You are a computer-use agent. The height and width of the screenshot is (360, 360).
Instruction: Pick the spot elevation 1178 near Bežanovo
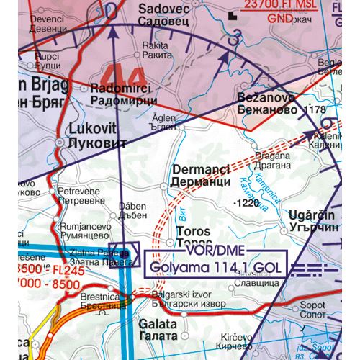[x=316, y=109]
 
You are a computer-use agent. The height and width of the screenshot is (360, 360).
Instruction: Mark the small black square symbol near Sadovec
[x=230, y=14]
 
